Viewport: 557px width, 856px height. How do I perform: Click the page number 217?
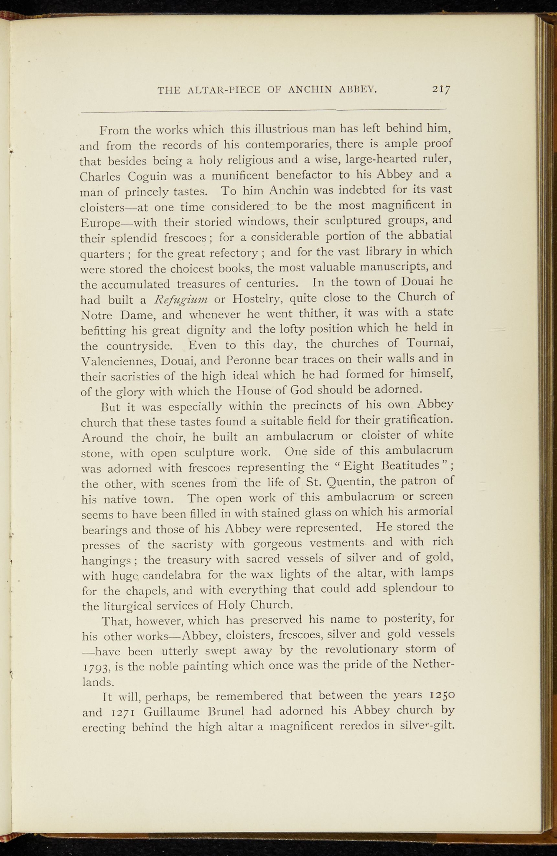click(x=441, y=89)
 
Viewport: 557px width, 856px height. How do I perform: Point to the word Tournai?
click(x=430, y=344)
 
